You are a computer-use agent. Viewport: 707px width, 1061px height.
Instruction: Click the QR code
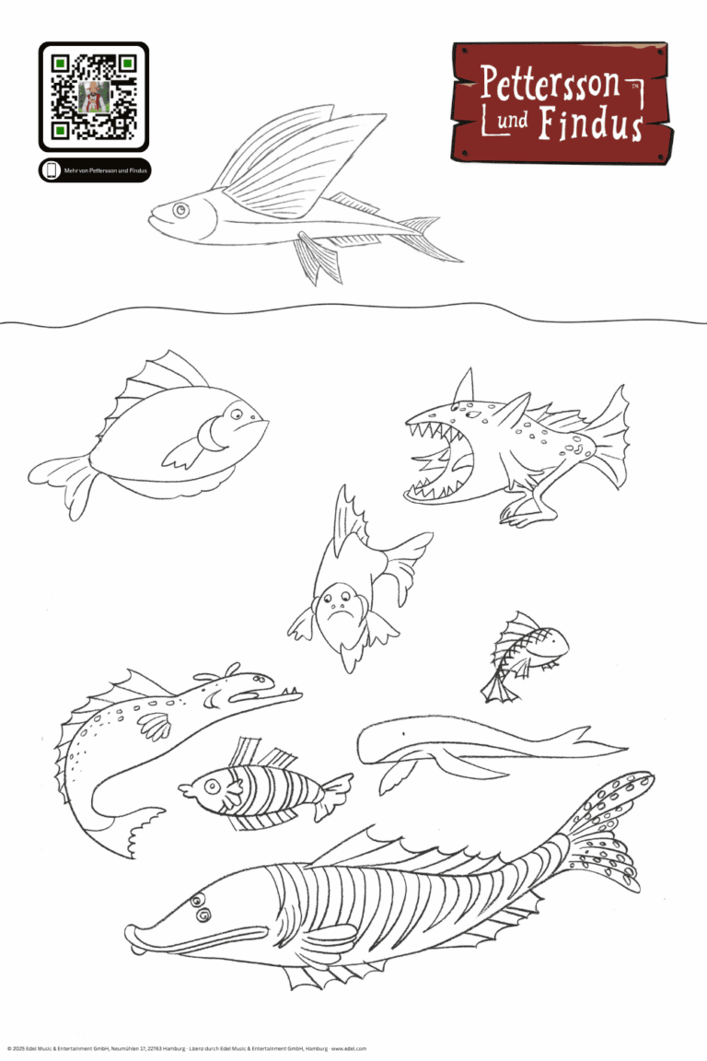point(93,96)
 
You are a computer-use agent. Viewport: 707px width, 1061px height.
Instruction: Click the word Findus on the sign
point(589,123)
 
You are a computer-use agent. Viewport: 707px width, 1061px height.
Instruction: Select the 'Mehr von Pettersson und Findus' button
point(95,170)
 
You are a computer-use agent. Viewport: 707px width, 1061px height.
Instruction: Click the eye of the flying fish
point(180,211)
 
